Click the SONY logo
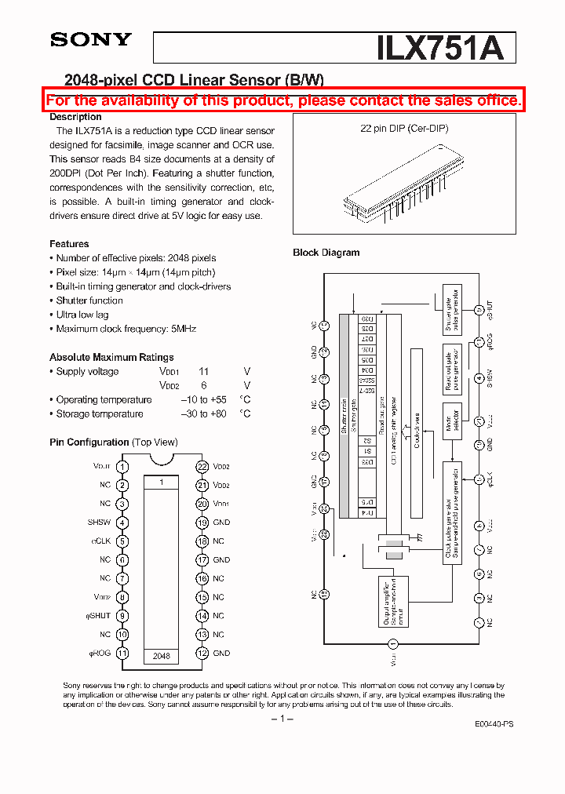[91, 40]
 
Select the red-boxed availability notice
[283, 100]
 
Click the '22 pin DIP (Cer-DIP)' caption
[403, 128]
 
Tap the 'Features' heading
[69, 244]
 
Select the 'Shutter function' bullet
[89, 300]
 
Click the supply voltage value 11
[203, 372]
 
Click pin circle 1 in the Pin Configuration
[122, 466]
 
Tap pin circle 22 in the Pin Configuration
[202, 466]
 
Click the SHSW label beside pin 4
[99, 523]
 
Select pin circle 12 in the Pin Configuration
[202, 654]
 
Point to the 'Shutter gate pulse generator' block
[452, 312]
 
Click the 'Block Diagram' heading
[326, 253]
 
